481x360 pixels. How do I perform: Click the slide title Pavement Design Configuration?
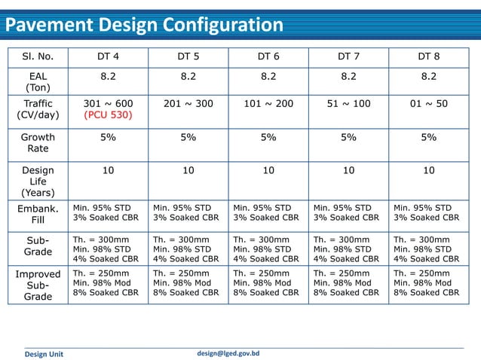click(x=144, y=26)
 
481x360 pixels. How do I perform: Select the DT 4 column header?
click(x=108, y=56)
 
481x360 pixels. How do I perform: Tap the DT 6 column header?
click(x=268, y=56)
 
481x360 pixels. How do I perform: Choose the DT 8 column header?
click(x=428, y=56)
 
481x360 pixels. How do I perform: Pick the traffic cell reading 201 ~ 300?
click(x=188, y=103)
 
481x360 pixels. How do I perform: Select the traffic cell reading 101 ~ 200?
click(x=268, y=103)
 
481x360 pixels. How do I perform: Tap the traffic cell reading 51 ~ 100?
click(x=348, y=103)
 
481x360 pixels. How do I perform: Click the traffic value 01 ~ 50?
click(x=428, y=103)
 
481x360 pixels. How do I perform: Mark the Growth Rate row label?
click(x=38, y=143)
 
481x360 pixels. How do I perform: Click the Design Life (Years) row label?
click(x=38, y=182)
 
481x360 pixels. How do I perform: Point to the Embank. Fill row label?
click(x=38, y=214)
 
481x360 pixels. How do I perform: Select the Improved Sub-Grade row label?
click(x=38, y=285)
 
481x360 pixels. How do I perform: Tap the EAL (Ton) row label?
click(x=38, y=81)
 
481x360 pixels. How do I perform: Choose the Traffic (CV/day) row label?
click(x=38, y=109)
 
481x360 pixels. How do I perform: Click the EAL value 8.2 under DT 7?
click(x=348, y=76)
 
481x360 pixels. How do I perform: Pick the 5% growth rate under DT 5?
click(x=188, y=138)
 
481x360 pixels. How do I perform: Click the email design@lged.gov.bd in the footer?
click(x=228, y=352)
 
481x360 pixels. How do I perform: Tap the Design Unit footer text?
click(x=44, y=354)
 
